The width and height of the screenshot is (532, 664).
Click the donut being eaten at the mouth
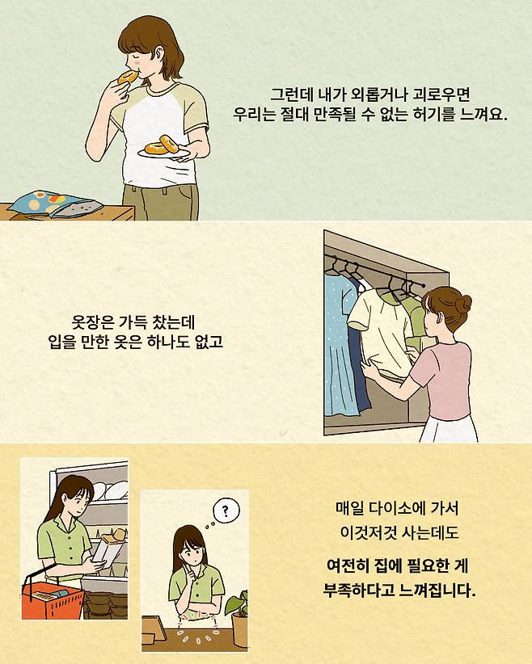click(x=128, y=77)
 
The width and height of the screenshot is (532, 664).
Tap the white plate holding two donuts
click(x=163, y=153)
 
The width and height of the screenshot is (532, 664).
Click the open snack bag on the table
click(x=55, y=204)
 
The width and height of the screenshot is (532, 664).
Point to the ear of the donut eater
click(x=160, y=54)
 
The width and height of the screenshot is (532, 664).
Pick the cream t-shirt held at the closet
click(x=378, y=331)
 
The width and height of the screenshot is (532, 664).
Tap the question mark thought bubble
click(x=226, y=511)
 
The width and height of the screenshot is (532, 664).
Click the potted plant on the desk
click(x=238, y=619)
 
